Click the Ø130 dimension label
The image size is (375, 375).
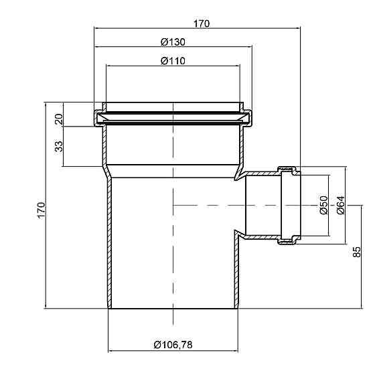[x=173, y=42]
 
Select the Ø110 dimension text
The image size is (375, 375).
[x=173, y=61]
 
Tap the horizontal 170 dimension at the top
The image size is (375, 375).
[x=202, y=23]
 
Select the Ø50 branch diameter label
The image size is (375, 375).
[x=323, y=205]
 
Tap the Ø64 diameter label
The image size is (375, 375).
[x=340, y=205]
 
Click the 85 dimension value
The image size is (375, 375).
[x=357, y=252]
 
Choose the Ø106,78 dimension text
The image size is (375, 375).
[x=173, y=345]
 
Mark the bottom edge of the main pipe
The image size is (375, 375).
[x=173, y=309]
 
